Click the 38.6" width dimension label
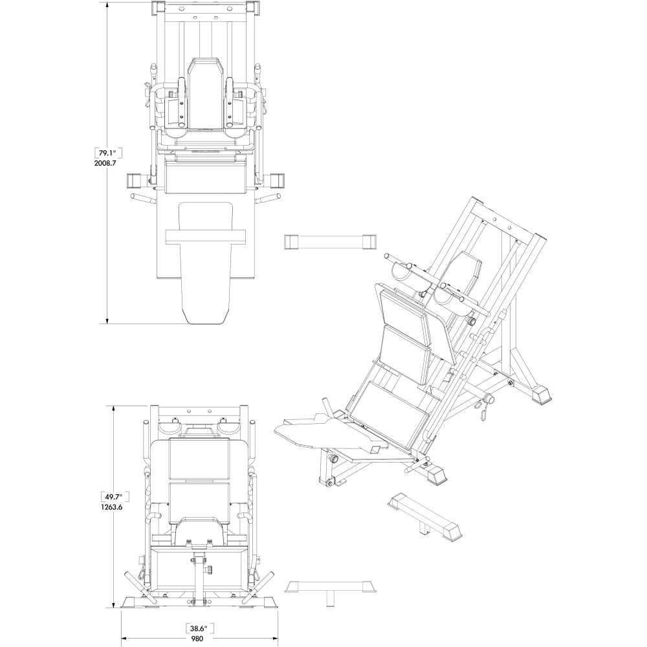[x=201, y=628]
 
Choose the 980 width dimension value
[x=201, y=639]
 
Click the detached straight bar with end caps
[x=329, y=241]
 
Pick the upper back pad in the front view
[x=200, y=458]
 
